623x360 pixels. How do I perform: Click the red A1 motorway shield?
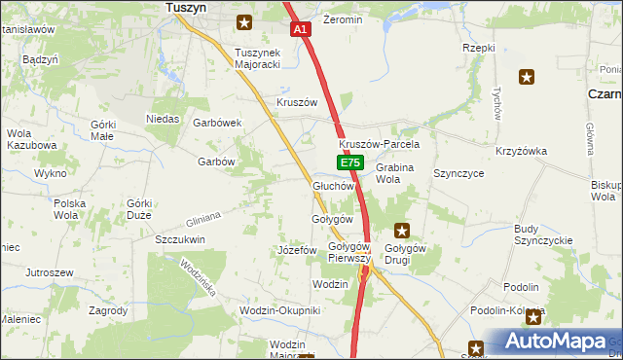click(x=301, y=30)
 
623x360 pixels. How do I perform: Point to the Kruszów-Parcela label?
click(x=372, y=144)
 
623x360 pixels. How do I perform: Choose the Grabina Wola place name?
click(x=394, y=173)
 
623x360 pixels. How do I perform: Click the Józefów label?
click(x=298, y=250)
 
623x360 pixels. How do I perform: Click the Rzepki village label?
click(x=479, y=47)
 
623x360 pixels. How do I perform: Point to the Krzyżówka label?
click(x=522, y=151)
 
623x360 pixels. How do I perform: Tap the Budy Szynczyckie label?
click(x=542, y=234)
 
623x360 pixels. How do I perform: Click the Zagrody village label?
click(x=107, y=310)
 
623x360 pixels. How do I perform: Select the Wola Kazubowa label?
click(x=31, y=139)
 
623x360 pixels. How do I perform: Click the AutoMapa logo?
click(x=553, y=342)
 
